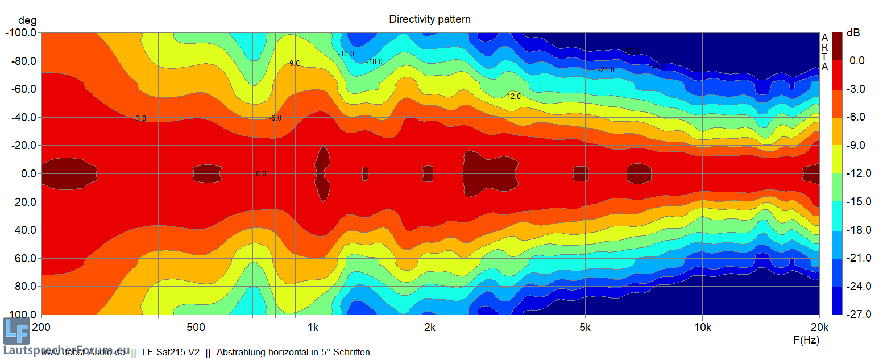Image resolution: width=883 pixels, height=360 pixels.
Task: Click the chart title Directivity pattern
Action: [429, 19]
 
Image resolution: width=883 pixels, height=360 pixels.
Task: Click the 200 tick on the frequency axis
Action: [41, 327]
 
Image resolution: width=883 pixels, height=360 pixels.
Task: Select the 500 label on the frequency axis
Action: [196, 327]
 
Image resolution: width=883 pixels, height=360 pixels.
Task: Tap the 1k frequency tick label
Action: [313, 327]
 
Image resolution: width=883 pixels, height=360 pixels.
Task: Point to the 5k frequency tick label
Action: [585, 327]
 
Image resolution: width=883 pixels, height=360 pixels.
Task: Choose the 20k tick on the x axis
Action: [819, 327]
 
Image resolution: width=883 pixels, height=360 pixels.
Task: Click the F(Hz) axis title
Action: [806, 340]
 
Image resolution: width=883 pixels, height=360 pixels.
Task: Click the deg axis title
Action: [26, 21]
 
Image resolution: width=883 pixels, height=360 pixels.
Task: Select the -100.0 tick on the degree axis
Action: [20, 33]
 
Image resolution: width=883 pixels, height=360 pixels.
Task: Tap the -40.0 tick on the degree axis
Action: [23, 117]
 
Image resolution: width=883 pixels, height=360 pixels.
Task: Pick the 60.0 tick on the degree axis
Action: [25, 258]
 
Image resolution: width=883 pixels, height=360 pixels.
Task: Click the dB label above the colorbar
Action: [853, 33]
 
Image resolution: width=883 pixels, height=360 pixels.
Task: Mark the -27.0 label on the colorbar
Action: [853, 314]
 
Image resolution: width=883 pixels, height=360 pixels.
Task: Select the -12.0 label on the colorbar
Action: [853, 173]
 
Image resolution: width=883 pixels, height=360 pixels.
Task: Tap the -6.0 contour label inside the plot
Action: [275, 118]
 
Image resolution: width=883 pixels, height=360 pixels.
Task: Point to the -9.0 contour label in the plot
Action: [293, 64]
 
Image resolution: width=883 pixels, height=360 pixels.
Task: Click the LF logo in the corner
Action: [15, 331]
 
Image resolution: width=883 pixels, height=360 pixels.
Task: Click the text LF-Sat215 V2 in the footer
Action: [170, 353]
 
